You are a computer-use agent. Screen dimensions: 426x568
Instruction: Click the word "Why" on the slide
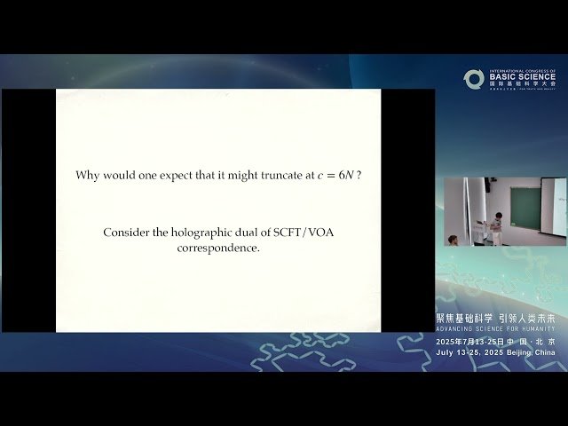tap(87, 176)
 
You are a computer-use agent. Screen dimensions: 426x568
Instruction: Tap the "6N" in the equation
tap(344, 176)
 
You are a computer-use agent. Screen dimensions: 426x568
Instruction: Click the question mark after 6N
tap(359, 176)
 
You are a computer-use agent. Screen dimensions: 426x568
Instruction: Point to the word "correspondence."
tap(218, 248)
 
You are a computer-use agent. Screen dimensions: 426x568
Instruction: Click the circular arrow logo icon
tap(473, 79)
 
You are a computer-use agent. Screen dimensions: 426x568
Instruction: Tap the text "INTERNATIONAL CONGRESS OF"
tap(523, 69)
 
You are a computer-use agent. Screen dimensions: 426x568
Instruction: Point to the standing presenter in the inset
tap(498, 226)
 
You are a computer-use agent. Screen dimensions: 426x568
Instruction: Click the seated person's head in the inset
tap(454, 238)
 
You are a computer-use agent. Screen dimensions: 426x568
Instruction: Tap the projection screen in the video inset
tap(553, 209)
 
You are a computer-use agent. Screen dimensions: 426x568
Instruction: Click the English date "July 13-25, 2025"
tap(465, 352)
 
